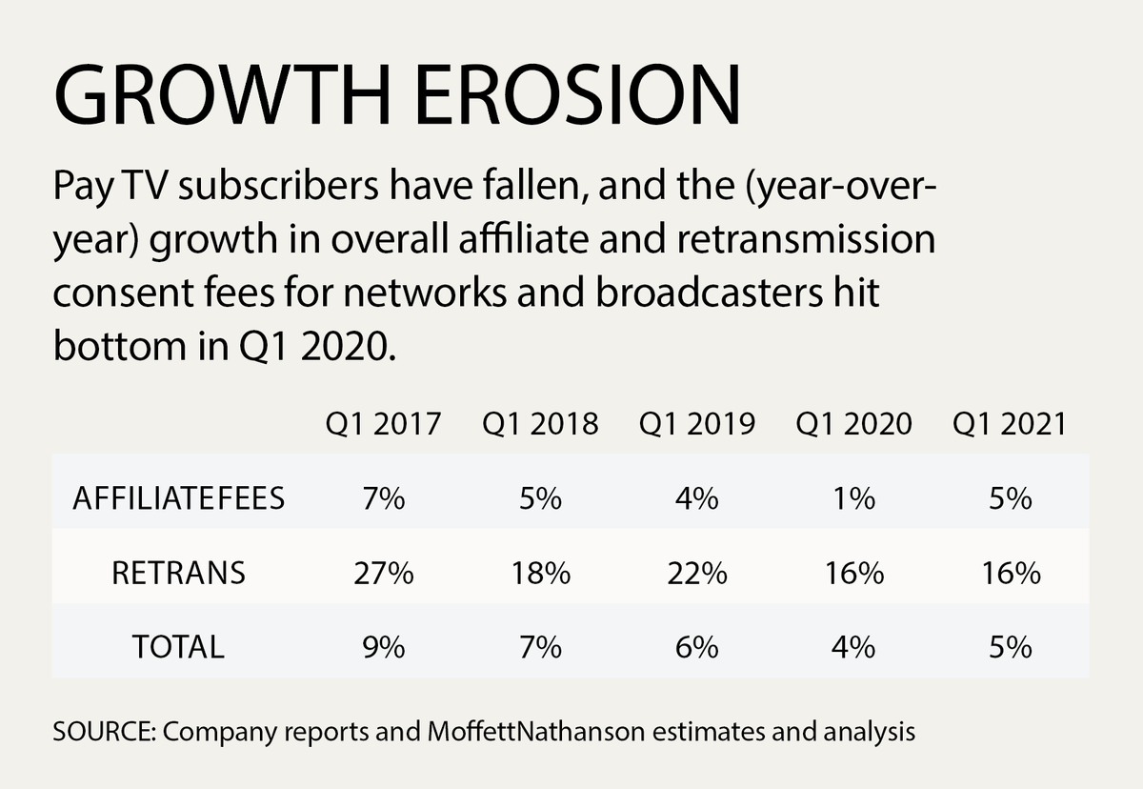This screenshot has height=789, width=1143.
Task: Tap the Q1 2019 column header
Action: pyautogui.click(x=697, y=423)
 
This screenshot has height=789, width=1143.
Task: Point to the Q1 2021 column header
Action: pyautogui.click(x=1010, y=423)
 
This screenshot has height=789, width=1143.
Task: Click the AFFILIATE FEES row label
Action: pyautogui.click(x=178, y=499)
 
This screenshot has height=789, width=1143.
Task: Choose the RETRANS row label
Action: pyautogui.click(x=178, y=574)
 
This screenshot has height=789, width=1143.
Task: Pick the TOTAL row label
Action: pyautogui.click(x=178, y=647)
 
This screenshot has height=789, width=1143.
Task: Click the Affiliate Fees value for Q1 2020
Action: pyautogui.click(x=853, y=499)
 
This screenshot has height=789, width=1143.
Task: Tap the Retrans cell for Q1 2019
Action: pyautogui.click(x=697, y=574)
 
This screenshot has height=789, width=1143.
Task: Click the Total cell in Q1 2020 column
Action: pyautogui.click(x=853, y=647)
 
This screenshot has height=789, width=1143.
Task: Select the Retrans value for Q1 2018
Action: pyautogui.click(x=540, y=574)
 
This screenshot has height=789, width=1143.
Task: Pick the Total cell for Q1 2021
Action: pyautogui.click(x=1010, y=647)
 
